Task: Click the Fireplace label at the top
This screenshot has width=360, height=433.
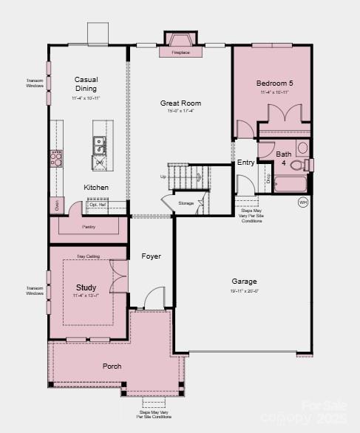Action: [180, 53]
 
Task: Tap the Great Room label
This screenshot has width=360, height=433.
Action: [181, 103]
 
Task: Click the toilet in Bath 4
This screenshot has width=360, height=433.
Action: [299, 164]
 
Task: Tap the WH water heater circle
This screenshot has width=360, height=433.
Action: [303, 202]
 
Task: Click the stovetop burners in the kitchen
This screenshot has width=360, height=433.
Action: [55, 157]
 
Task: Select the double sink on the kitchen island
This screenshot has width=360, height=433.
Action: [98, 143]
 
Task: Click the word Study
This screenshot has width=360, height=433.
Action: [86, 287]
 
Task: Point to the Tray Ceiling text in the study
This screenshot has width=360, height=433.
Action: [87, 256]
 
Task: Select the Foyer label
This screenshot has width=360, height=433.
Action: [151, 256]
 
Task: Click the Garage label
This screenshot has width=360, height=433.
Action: [244, 282]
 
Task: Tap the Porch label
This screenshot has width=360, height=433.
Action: [112, 366]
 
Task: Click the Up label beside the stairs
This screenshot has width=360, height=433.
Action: [163, 177]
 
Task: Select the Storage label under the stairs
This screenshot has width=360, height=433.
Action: [186, 202]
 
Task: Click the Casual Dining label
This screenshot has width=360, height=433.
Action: [86, 84]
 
